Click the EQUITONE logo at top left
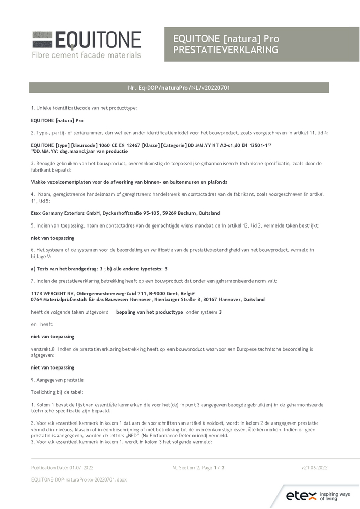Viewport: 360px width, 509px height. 86,40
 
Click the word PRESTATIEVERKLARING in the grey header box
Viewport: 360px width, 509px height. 226,49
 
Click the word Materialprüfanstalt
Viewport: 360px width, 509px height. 64,300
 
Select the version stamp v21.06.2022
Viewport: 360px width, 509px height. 315,467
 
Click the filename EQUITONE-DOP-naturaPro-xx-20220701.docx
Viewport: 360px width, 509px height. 78,479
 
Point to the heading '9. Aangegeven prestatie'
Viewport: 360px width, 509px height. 57,380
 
